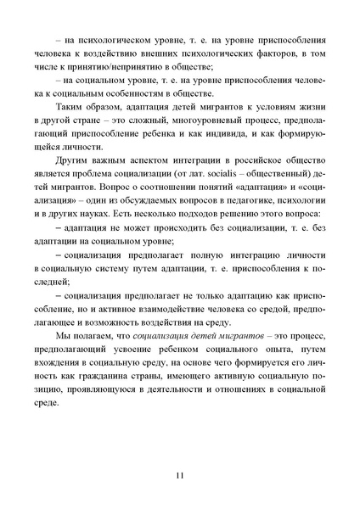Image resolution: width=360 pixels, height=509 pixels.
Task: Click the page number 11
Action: tap(179, 474)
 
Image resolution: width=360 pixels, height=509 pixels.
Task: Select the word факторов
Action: tap(260, 57)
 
